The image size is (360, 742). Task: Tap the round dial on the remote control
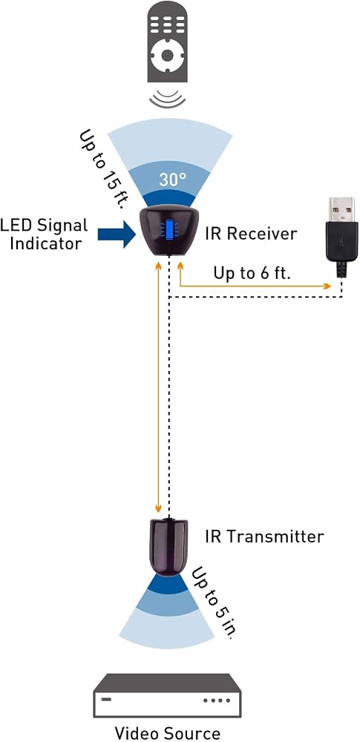tap(167, 56)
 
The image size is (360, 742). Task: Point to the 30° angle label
tap(172, 180)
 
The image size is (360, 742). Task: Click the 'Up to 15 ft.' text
tap(102, 169)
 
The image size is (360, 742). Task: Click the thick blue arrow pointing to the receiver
tap(117, 233)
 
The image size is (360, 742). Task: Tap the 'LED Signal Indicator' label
tap(44, 234)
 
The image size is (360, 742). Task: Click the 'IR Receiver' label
tap(251, 233)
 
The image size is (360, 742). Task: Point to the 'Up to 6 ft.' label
tap(252, 273)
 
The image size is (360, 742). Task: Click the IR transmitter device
tap(168, 546)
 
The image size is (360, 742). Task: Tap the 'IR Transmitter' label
tap(264, 536)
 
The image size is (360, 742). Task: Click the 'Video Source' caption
tap(168, 733)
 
